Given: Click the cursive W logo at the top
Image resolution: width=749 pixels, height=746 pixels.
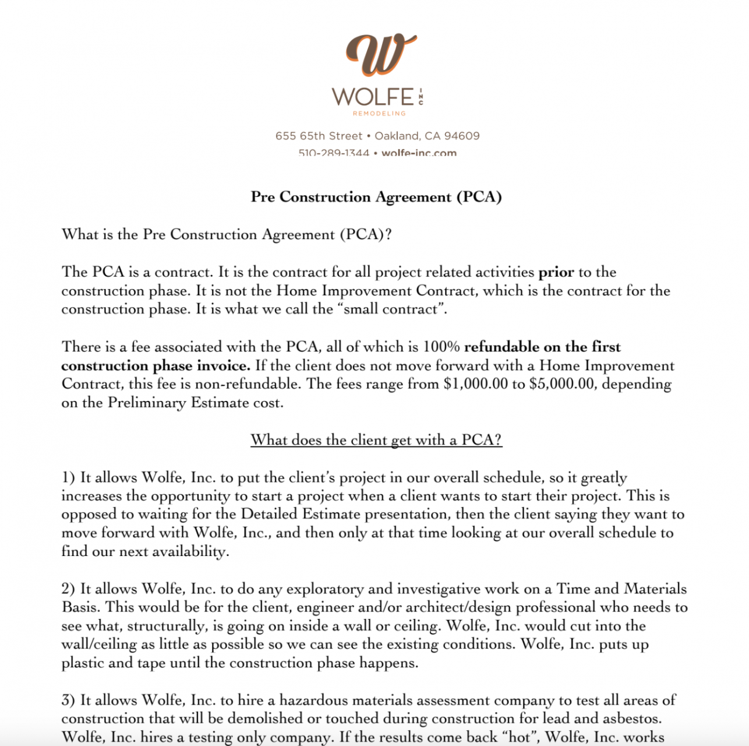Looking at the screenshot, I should click(381, 55).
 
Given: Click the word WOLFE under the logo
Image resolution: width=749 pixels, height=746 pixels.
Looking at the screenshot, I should click(373, 97).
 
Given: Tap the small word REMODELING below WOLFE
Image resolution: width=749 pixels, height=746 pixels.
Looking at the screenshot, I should click(379, 114).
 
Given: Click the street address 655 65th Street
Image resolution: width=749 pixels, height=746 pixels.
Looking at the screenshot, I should click(319, 136).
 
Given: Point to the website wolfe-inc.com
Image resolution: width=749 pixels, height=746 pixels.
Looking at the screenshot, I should click(419, 153).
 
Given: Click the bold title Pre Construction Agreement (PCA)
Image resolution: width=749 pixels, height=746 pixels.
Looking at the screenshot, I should click(376, 197).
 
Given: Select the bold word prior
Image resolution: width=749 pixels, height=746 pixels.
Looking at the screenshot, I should click(556, 272).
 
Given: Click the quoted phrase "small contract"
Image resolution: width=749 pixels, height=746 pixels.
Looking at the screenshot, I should click(392, 309).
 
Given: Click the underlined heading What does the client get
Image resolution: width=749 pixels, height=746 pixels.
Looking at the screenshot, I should click(376, 440).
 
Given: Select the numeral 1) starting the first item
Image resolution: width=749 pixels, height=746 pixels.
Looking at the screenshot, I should click(68, 478).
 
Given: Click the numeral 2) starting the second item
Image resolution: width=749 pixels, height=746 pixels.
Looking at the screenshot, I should click(68, 589).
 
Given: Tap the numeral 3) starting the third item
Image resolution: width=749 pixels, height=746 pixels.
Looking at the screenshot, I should click(68, 701).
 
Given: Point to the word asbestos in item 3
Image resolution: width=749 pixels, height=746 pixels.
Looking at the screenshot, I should click(632, 719).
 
